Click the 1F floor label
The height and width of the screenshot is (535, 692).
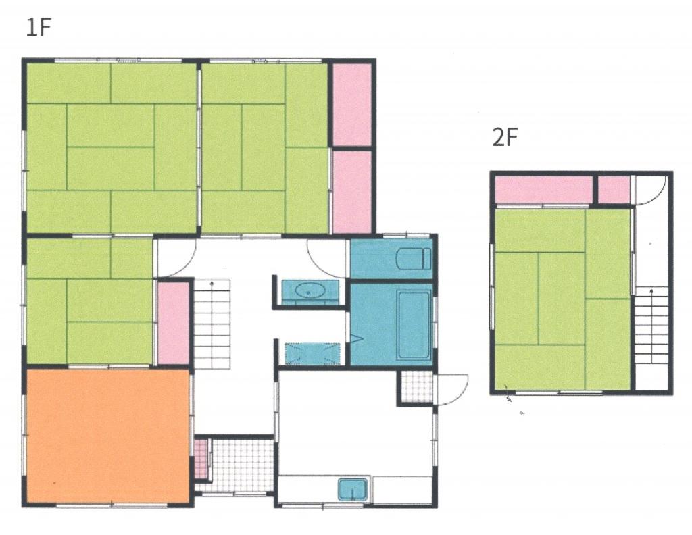point(39,27)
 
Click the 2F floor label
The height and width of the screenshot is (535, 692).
point(504,137)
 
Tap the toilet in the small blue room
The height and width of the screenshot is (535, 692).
point(413,259)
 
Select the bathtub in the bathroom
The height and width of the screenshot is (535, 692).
point(414,324)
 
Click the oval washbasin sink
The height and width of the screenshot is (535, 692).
point(310,290)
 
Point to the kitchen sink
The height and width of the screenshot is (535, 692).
point(353,489)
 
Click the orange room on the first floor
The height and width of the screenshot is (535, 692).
point(108,436)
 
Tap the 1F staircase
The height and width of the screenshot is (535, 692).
point(212,325)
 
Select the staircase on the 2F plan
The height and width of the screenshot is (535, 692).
point(651,325)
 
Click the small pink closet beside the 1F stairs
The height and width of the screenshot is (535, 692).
point(174,324)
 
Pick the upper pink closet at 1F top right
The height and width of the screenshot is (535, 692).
point(351,105)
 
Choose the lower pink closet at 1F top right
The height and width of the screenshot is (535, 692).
point(351,193)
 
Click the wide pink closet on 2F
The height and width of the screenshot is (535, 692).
point(544,190)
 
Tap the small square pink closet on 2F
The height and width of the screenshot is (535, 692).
point(614,190)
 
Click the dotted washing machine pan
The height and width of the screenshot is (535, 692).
point(312,354)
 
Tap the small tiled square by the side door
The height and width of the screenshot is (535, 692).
point(416,386)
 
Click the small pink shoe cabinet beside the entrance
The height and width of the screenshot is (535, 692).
point(200,459)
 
